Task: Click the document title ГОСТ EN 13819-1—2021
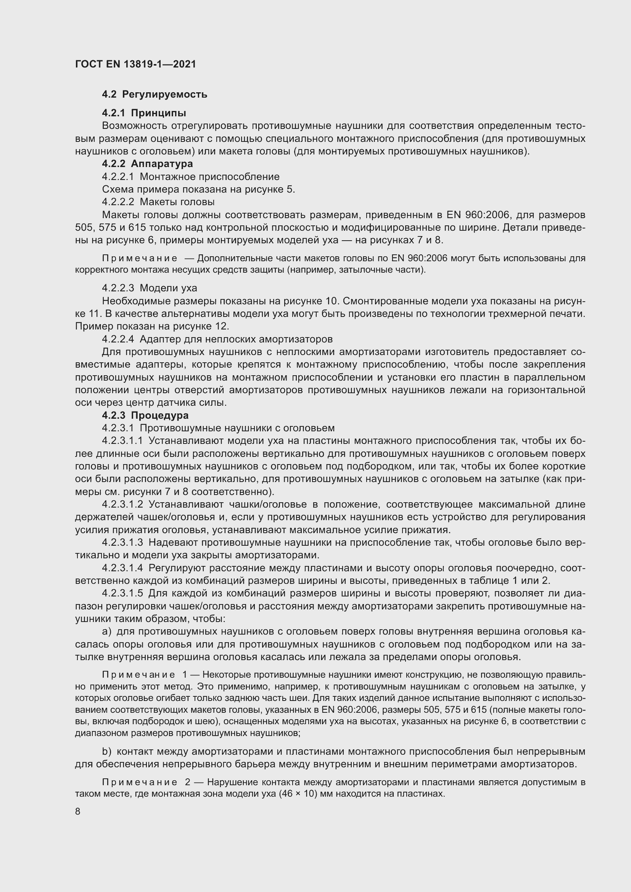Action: (135, 64)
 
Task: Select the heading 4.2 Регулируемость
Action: (154, 95)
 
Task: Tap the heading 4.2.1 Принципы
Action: (144, 113)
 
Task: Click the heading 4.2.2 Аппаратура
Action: (147, 164)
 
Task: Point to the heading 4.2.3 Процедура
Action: (145, 415)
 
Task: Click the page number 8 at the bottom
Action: (78, 811)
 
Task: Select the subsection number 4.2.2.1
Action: (118, 177)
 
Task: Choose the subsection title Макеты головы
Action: (177, 202)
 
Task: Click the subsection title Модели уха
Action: (168, 288)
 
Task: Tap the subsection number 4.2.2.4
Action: (118, 339)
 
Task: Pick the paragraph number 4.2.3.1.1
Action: (122, 440)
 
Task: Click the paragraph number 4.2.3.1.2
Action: (122, 504)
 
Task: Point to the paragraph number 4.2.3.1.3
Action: (122, 542)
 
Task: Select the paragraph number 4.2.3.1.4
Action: (122, 568)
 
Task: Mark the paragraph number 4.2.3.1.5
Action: (122, 593)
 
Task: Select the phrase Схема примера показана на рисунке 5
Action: (198, 189)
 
